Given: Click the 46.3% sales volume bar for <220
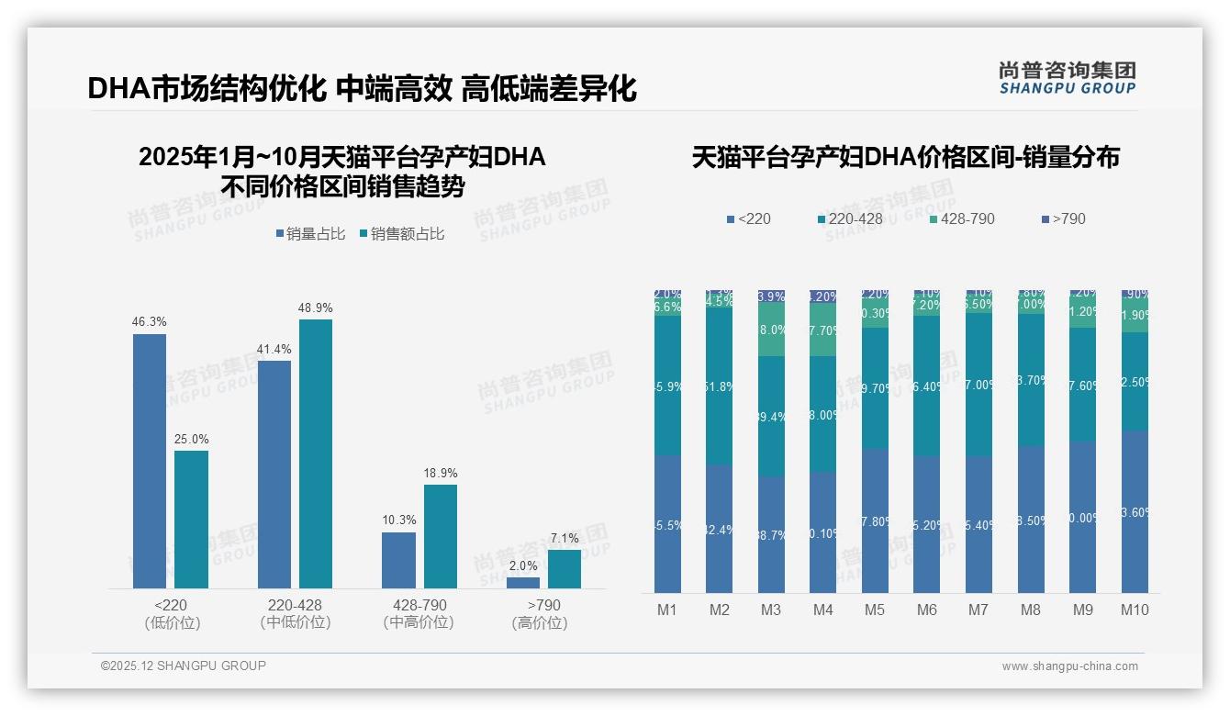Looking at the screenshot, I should (150, 461).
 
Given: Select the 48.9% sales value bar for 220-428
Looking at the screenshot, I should (316, 453).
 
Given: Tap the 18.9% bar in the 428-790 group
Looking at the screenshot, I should (441, 536).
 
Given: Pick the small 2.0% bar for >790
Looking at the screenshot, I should (523, 583).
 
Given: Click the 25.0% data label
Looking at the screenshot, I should (191, 440).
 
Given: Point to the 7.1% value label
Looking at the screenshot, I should (565, 539).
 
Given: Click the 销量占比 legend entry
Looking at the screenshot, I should (310, 234).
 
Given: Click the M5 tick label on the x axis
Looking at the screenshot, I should (875, 610).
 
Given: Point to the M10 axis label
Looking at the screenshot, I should (1135, 610).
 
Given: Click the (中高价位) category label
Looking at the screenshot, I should (419, 622).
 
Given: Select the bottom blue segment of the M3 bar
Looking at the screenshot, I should (771, 534).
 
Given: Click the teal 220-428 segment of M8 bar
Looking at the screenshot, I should (1031, 380).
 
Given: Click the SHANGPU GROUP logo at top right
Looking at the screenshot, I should (1067, 78).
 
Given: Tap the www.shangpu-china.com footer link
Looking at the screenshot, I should (1069, 666).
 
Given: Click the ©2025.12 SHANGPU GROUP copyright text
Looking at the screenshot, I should (184, 666).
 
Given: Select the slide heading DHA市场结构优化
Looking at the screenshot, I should (207, 89).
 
